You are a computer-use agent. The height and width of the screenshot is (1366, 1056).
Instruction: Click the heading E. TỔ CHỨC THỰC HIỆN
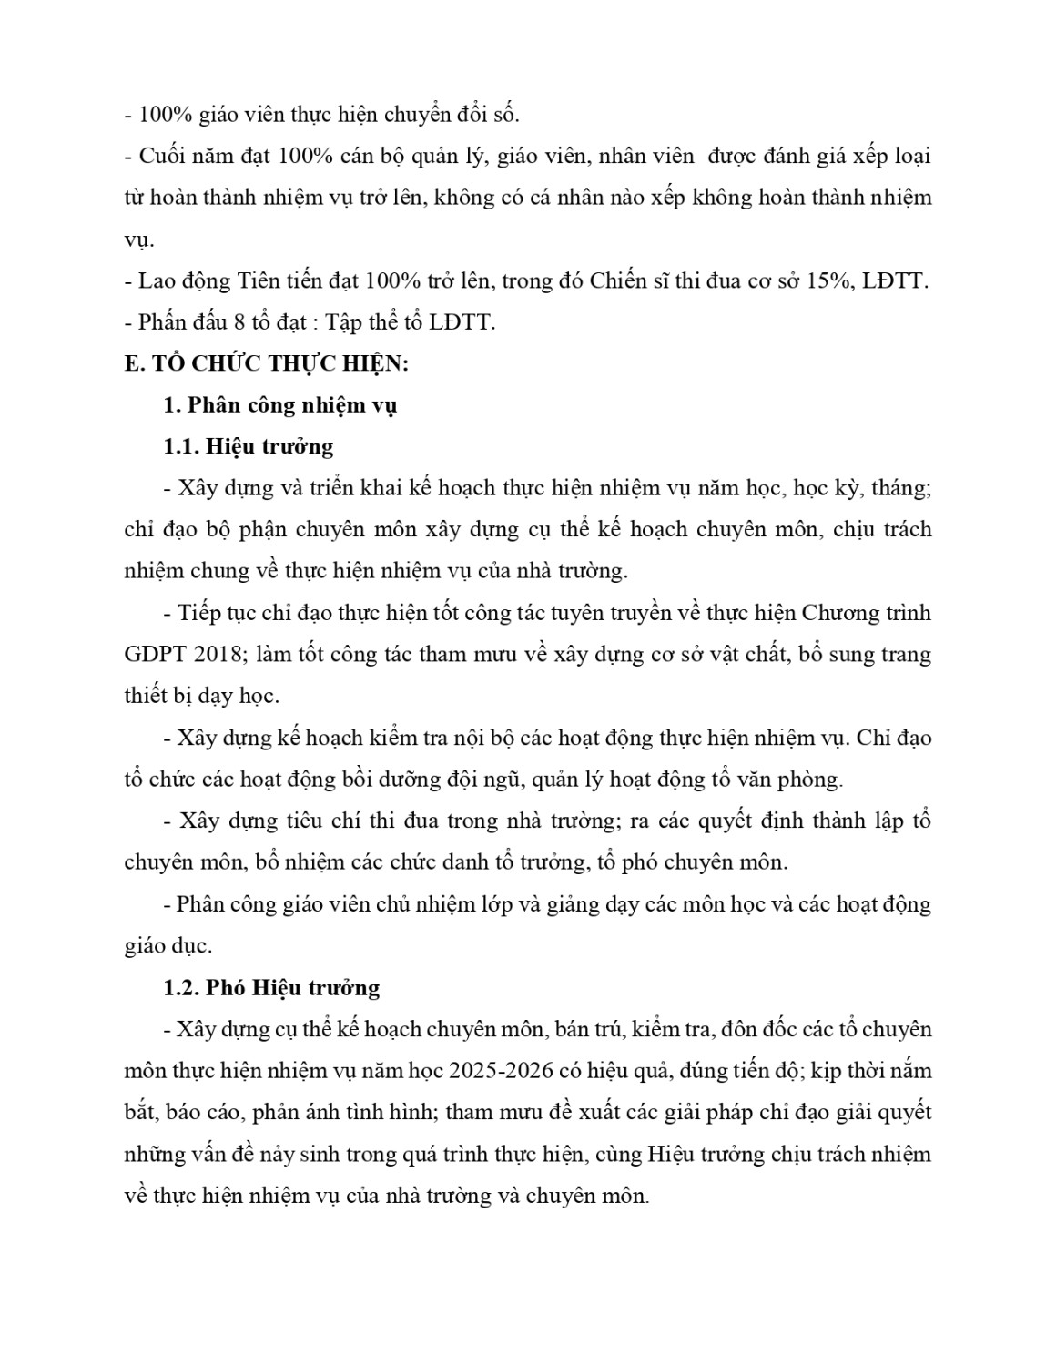267,363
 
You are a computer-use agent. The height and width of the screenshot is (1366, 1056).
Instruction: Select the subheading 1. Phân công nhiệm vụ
279,405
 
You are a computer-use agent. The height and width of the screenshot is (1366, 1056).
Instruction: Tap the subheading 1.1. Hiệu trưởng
249,447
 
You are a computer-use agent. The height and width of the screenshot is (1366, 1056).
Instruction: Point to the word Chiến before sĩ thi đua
622,280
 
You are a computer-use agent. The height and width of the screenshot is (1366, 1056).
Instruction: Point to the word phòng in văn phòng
813,780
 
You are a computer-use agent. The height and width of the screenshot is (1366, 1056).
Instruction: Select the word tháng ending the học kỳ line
900,488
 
